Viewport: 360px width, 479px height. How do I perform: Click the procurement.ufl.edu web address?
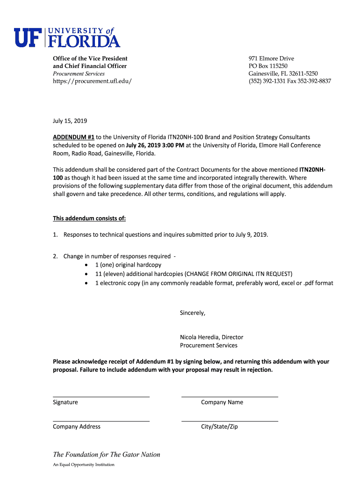(x=92, y=81)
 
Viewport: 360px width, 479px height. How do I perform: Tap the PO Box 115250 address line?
(x=268, y=66)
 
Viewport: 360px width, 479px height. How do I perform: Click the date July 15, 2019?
(x=70, y=121)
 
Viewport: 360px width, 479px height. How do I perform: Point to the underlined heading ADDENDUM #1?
(x=74, y=137)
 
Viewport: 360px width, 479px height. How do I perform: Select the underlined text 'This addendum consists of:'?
(x=89, y=218)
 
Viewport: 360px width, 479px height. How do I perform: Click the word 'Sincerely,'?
(x=193, y=313)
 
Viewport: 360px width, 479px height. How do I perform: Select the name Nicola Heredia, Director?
(x=211, y=337)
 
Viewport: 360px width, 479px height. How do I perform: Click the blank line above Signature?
(x=101, y=396)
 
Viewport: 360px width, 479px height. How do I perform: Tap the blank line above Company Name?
(x=230, y=396)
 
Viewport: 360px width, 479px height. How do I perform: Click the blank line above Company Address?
(x=101, y=421)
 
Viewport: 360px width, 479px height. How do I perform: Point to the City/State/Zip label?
(x=219, y=427)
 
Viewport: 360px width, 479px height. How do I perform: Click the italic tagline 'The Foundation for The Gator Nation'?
(x=107, y=455)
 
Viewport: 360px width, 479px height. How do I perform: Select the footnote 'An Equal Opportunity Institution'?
(x=84, y=465)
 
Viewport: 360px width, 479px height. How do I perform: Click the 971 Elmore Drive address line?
(x=271, y=58)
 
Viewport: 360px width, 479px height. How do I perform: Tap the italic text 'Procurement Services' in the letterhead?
(x=79, y=74)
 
